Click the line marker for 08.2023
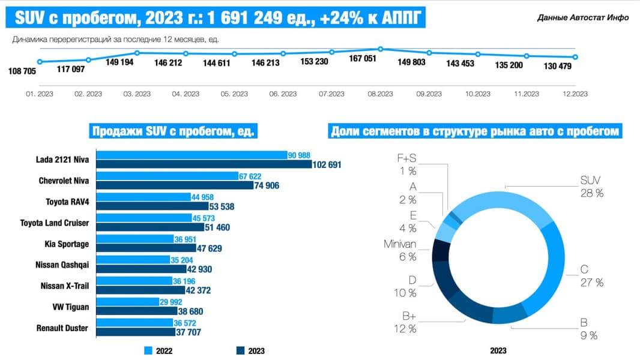tap(381, 49)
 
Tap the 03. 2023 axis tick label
tap(137, 94)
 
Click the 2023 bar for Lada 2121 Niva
tap(204, 164)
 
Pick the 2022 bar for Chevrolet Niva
tap(168, 176)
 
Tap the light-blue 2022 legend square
tap(148, 350)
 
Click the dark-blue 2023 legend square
tap(240, 350)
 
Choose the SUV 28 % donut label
tap(591, 186)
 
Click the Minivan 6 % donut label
tap(400, 251)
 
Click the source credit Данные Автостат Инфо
tap(583, 17)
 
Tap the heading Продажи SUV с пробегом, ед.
tap(172, 131)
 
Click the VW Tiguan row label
tap(71, 307)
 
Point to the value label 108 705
tap(22, 71)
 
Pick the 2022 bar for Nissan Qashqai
tap(133, 260)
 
